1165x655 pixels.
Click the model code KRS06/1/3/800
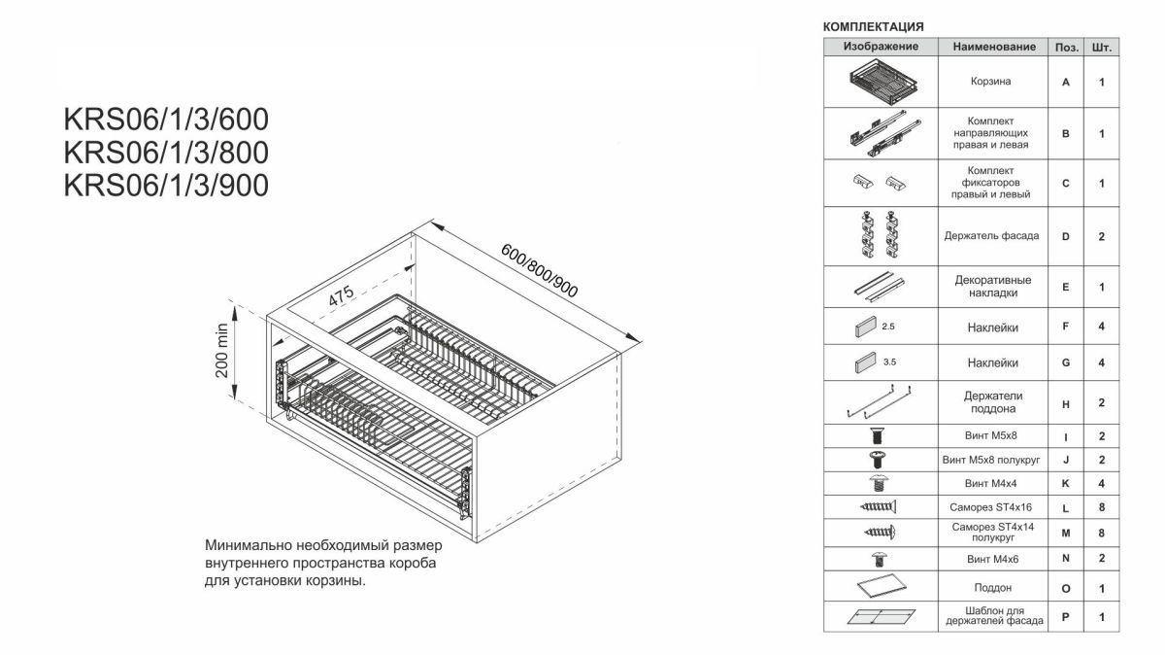click(166, 153)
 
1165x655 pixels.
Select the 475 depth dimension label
click(342, 295)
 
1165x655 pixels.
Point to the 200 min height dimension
click(222, 351)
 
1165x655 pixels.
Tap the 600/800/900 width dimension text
click(540, 271)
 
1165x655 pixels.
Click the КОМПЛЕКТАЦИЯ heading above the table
click(873, 26)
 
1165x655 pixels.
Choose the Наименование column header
click(994, 47)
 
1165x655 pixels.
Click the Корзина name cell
click(991, 82)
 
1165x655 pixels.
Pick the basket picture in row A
click(883, 82)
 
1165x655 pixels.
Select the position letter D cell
click(1066, 236)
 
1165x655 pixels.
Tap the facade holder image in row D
click(879, 234)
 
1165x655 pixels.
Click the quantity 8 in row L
click(1102, 507)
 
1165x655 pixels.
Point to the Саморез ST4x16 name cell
click(991, 507)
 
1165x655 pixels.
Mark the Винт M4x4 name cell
click(991, 484)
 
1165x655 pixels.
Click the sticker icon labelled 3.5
click(865, 362)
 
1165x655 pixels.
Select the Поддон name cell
click(993, 588)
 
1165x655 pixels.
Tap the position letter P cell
click(1066, 617)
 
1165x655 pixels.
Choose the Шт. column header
click(1102, 48)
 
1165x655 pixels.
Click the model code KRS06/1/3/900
click(166, 186)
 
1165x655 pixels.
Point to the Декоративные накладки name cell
click(993, 287)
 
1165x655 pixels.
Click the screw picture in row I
click(878, 435)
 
